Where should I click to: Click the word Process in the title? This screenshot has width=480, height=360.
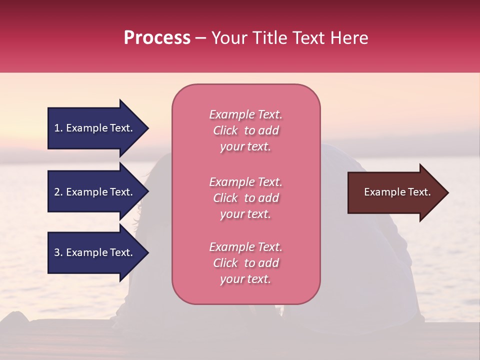click(x=157, y=38)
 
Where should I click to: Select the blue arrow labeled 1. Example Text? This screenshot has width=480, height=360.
click(x=95, y=128)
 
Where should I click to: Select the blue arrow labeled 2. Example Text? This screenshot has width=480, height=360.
click(x=95, y=192)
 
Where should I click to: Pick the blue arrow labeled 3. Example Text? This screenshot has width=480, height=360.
click(x=95, y=252)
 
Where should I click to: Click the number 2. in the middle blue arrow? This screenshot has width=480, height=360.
click(x=58, y=192)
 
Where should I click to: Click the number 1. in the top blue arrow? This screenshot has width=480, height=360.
click(x=58, y=128)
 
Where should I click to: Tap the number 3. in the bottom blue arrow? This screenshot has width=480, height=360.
click(x=58, y=252)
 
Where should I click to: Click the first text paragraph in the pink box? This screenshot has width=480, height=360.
click(x=246, y=130)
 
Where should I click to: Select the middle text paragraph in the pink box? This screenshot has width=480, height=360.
click(x=246, y=198)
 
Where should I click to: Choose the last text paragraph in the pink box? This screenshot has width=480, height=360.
click(x=246, y=263)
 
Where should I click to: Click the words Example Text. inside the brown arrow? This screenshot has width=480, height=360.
click(x=397, y=192)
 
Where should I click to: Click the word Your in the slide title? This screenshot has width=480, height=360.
click(x=228, y=38)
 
